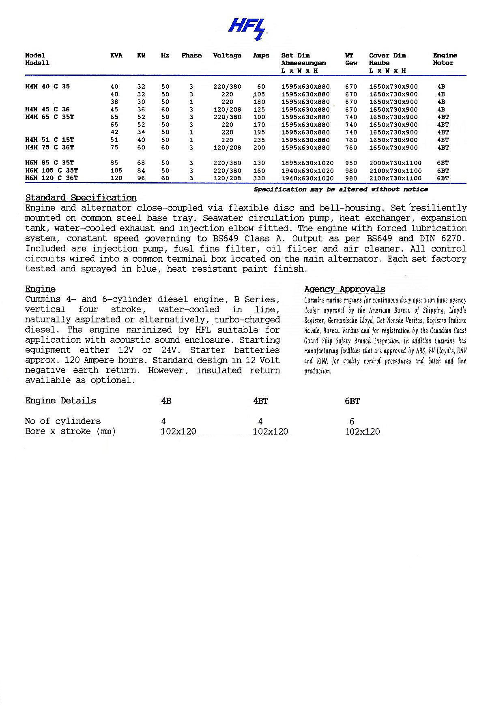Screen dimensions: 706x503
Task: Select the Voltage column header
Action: coord(227,55)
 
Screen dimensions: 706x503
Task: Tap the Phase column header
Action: coord(191,55)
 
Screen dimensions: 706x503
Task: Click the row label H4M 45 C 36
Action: coord(47,109)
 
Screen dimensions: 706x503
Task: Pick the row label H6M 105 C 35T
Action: coord(52,171)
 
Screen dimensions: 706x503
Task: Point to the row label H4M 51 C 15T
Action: coord(49,140)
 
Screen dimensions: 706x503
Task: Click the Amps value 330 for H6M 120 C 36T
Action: coord(259,178)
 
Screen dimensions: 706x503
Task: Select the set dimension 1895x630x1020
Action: coord(307,163)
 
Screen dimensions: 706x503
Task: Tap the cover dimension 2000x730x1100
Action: coord(395,163)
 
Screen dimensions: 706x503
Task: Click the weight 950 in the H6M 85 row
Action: coord(351,163)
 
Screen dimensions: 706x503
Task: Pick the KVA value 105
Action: coord(116,171)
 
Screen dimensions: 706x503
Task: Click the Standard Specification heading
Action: coord(81,198)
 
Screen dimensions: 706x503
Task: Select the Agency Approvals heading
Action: coord(344,289)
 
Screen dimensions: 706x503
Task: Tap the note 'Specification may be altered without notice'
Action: coord(341,189)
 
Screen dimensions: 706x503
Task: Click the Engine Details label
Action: coord(60,401)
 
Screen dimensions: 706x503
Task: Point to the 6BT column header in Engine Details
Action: coord(352,401)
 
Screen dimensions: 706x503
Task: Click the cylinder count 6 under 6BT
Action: coord(352,421)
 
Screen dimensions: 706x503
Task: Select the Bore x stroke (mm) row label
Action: coord(70,431)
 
